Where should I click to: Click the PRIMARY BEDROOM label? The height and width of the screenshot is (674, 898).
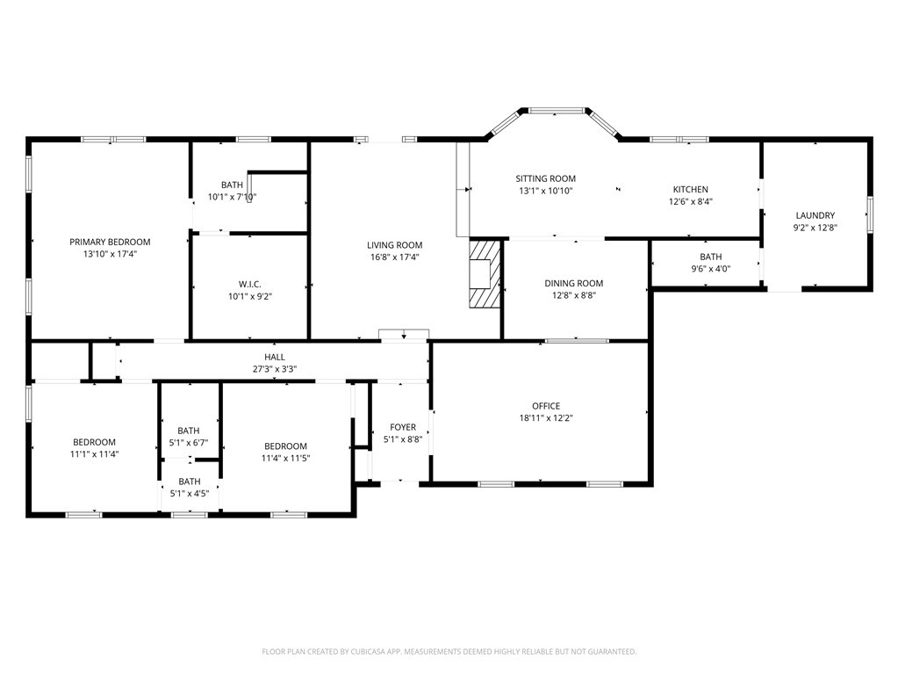click(110, 242)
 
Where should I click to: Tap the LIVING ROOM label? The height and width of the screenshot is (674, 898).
click(395, 245)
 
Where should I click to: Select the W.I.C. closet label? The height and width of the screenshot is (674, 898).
click(249, 284)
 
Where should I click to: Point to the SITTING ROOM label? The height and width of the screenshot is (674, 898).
click(546, 178)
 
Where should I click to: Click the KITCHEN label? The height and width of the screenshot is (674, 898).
click(691, 189)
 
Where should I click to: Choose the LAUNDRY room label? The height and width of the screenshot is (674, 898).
click(815, 215)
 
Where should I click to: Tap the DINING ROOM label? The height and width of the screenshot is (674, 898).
click(574, 283)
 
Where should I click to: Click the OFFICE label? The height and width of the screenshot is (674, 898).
click(546, 406)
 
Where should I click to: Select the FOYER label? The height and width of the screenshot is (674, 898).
click(403, 427)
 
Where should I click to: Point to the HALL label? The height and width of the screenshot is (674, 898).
click(275, 357)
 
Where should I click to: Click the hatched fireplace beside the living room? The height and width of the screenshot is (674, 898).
click(485, 274)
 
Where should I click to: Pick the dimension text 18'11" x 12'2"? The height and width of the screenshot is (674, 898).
click(546, 417)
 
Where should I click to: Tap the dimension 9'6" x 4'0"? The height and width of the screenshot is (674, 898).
click(711, 269)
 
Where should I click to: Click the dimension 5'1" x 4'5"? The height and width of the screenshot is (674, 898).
click(189, 494)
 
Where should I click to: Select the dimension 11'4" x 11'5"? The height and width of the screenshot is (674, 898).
click(286, 458)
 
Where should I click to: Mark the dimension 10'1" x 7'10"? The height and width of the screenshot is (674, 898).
click(232, 197)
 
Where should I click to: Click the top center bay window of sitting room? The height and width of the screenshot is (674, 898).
click(556, 110)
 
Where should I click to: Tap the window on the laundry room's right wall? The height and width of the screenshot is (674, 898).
click(869, 214)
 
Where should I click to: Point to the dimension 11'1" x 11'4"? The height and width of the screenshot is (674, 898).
click(95, 454)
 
